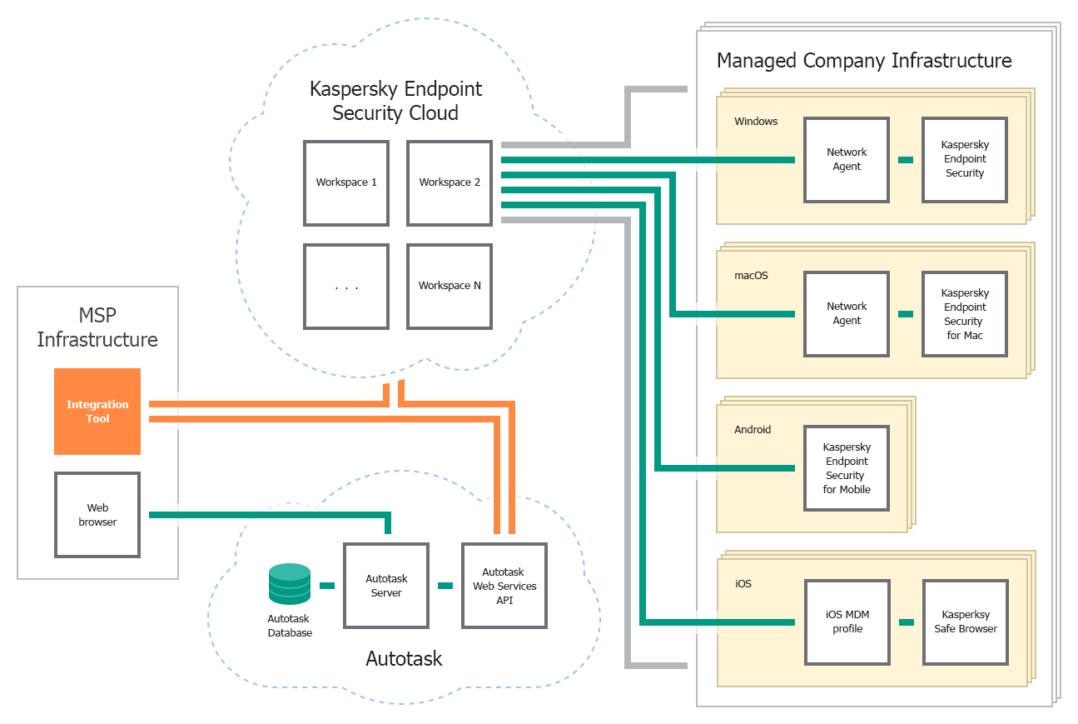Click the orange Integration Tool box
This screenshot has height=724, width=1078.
pos(97,412)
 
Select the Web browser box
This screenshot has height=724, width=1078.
pos(97,515)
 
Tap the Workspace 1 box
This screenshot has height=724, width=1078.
pos(346,182)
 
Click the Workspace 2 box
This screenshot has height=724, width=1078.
pos(450,182)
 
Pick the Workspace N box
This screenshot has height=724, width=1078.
pos(450,286)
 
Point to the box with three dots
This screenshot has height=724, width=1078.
pos(346,286)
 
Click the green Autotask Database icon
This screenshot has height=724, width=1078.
pos(290,584)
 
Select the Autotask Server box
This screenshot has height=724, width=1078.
pos(386,586)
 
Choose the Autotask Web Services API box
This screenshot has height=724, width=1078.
pos(504,586)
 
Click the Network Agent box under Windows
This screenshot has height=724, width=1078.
pos(847,160)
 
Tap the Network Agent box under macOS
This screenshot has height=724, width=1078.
pos(847,314)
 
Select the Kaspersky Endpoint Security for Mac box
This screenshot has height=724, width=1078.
pos(965,314)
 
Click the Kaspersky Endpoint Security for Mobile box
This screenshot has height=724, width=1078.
pos(847,468)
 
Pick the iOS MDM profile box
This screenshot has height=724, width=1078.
pos(847,622)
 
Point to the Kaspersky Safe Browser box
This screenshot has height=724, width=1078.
pos(965,622)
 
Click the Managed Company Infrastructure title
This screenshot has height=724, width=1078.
pos(864,61)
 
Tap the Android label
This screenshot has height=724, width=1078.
pos(753,430)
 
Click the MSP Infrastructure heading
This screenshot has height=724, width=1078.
pos(97,327)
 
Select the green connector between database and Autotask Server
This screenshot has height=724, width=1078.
pos(327,586)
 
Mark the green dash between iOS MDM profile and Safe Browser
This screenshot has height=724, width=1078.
pos(906,622)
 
